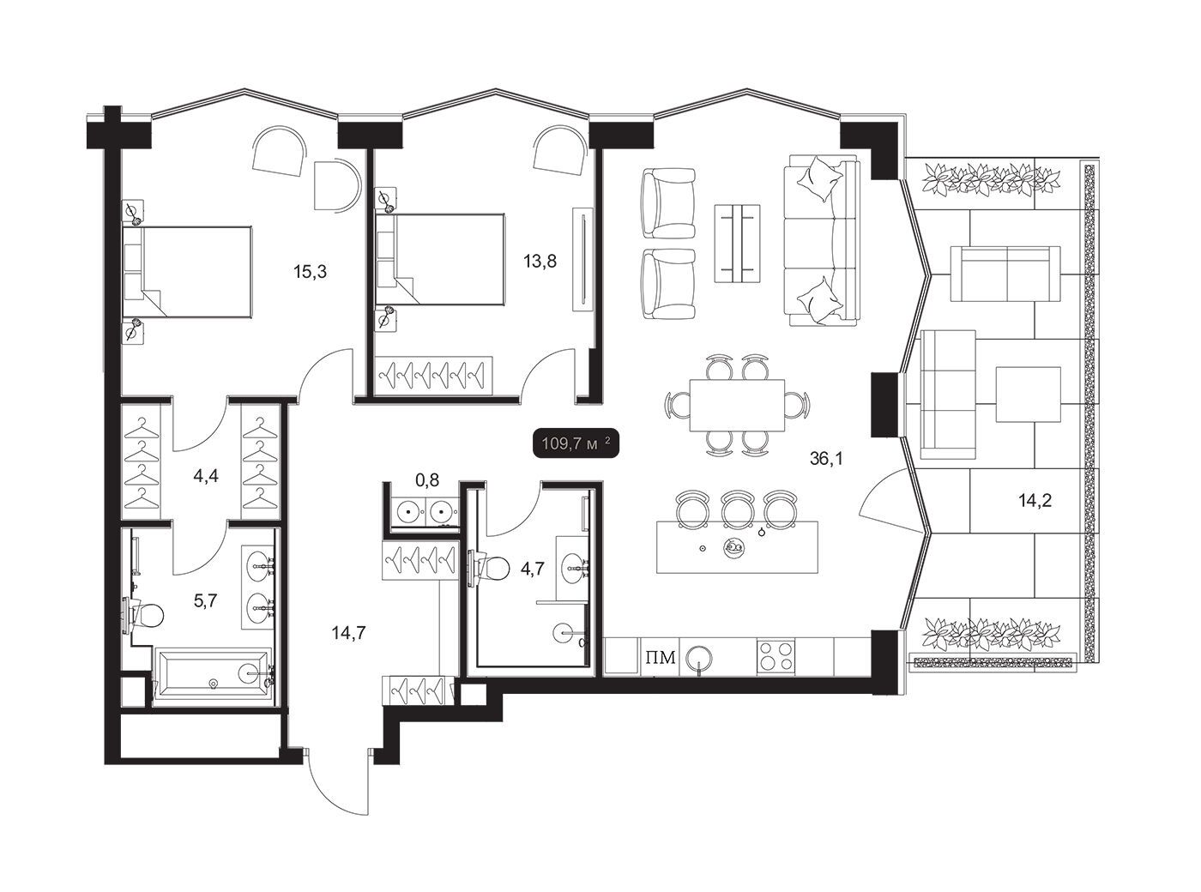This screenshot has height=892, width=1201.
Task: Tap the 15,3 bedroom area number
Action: (311, 272)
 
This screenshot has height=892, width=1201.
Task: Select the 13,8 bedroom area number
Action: (540, 262)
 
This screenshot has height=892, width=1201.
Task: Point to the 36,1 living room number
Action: (826, 459)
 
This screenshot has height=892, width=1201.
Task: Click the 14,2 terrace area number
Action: (1035, 501)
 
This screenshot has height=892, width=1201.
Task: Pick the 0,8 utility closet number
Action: (426, 479)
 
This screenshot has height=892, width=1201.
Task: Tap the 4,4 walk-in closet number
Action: (206, 477)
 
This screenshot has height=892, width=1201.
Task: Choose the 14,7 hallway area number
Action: (349, 633)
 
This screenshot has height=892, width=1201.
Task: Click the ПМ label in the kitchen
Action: (661, 658)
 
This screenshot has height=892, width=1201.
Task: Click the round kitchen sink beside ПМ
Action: (700, 659)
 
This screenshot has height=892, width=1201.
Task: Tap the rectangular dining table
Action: (737, 405)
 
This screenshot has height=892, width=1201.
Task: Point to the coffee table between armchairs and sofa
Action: (737, 243)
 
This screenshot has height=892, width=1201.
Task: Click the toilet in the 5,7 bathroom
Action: (144, 616)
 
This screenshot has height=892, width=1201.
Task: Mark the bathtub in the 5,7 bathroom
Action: (212, 676)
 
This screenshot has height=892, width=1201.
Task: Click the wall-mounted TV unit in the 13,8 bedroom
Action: (582, 259)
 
